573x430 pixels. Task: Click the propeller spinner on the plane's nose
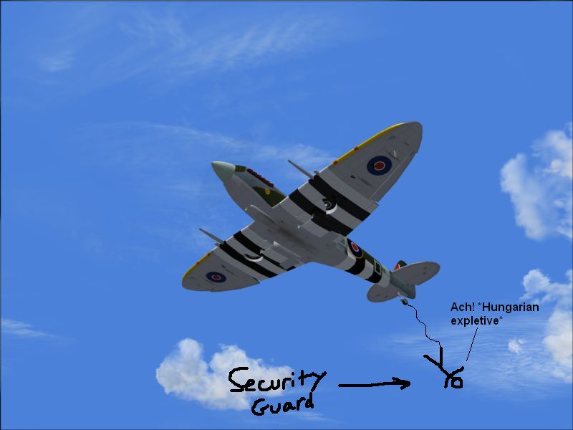pos(223,171)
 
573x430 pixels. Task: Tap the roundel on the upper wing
pos(380,166)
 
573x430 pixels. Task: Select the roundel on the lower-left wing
pos(216,277)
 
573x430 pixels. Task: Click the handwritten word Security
pos(277,381)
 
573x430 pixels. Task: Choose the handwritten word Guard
pos(282,405)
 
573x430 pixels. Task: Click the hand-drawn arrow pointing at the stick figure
pos(374,384)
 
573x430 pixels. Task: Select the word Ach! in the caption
pos(462,307)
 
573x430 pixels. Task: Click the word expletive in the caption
pos(475,321)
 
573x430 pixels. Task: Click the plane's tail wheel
pos(404,301)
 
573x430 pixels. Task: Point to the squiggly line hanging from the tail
pos(425,324)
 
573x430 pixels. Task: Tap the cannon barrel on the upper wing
pos(301,168)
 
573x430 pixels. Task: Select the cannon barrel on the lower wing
pos(211,236)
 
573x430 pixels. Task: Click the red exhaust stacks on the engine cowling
pos(259,177)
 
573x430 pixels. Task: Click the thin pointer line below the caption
pos(472,345)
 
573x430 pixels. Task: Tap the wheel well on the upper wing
pos(329,206)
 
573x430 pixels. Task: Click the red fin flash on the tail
pos(397,266)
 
